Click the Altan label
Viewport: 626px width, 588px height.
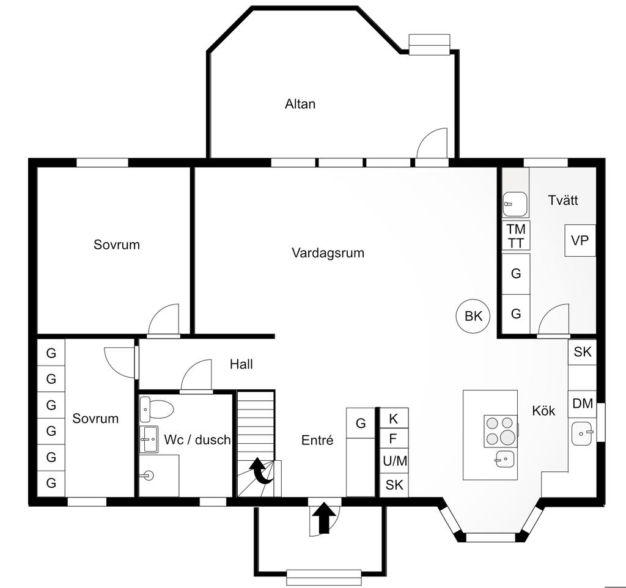[300, 104]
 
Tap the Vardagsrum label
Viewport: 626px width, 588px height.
[328, 253]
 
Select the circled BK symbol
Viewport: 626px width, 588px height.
[473, 316]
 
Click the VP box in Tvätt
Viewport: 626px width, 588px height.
[580, 240]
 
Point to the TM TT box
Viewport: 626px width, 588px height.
[516, 237]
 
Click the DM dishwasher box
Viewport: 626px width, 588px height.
[583, 403]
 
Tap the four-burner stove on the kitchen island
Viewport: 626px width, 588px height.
[500, 431]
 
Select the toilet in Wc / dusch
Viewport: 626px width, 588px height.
[156, 409]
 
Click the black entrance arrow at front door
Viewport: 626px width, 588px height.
[324, 518]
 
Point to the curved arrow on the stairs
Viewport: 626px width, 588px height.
[262, 471]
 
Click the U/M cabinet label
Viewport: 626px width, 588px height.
[395, 461]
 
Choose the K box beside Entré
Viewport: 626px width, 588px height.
[394, 418]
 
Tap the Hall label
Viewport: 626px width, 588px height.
[241, 364]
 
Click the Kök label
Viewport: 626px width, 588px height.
[543, 411]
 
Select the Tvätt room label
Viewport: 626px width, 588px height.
[563, 200]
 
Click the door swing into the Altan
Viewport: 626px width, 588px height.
[432, 143]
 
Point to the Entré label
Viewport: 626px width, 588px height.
[317, 440]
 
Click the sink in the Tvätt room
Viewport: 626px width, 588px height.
[515, 204]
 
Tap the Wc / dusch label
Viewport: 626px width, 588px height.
[197, 440]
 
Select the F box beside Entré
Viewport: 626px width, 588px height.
[394, 438]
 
